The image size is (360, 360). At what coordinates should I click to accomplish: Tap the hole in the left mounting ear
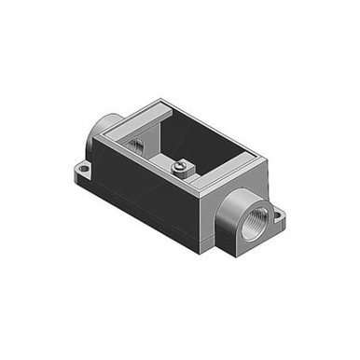(82, 170)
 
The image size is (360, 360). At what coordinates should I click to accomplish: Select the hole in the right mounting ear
(279, 220)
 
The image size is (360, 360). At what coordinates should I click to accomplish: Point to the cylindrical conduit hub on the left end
(101, 140)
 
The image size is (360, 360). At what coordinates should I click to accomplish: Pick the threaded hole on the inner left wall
(133, 144)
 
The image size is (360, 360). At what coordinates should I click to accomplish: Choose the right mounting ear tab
(277, 221)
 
